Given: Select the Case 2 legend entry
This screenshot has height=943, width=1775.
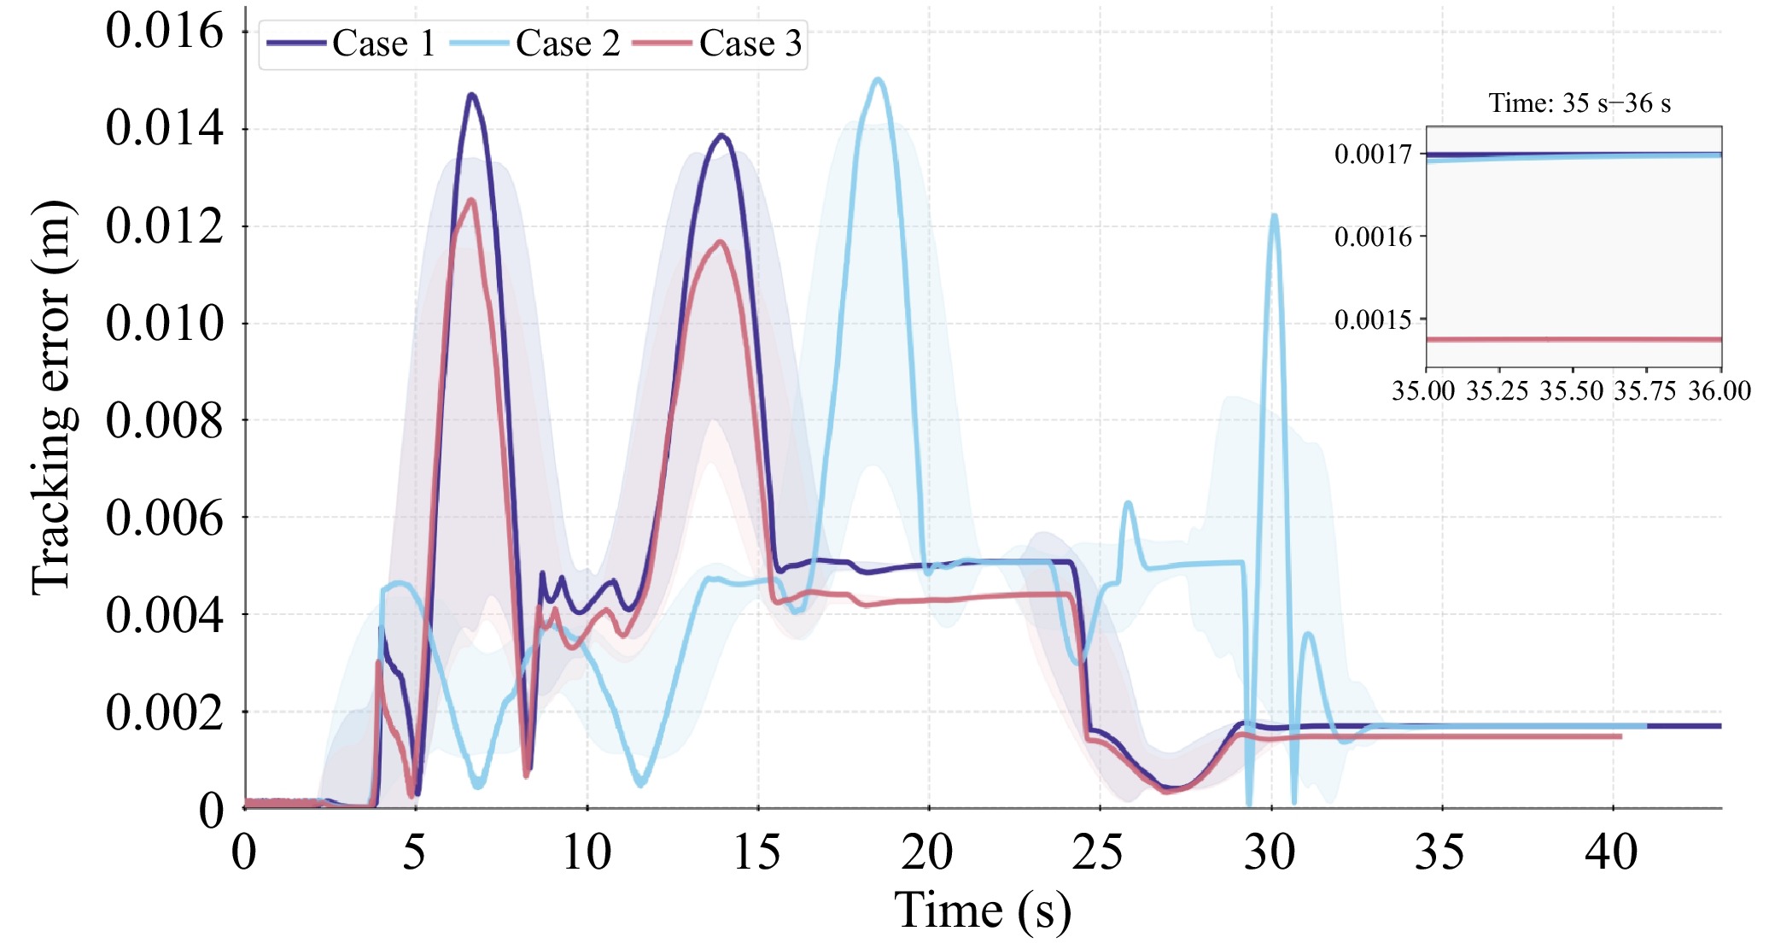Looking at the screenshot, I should click(535, 44).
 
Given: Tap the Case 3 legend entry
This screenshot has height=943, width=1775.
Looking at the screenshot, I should click(719, 44).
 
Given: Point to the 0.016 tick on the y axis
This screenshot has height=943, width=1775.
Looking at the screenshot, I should click(165, 32).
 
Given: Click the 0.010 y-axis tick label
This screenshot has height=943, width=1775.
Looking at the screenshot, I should click(165, 324).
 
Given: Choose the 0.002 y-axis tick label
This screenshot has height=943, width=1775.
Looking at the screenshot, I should click(165, 712).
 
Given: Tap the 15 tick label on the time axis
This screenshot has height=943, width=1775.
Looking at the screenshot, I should click(756, 852).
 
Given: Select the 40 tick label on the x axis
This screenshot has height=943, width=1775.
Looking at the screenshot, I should click(1612, 852).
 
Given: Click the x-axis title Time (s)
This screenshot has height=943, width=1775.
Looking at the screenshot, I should click(982, 911).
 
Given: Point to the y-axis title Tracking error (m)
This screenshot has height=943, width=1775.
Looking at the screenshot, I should click(51, 397).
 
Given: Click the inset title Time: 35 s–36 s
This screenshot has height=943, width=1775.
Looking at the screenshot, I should click(1579, 103).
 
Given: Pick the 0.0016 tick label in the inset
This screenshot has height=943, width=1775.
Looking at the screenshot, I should click(1373, 237).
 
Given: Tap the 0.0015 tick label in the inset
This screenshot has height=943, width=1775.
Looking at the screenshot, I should click(1373, 320).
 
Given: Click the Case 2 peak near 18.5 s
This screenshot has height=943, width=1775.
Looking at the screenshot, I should click(878, 79).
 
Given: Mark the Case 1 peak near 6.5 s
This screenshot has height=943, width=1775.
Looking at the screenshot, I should click(471, 95).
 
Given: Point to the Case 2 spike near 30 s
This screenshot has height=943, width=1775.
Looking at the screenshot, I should click(1274, 215).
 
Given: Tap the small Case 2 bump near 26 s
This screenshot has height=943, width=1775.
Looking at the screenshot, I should click(1129, 504).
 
